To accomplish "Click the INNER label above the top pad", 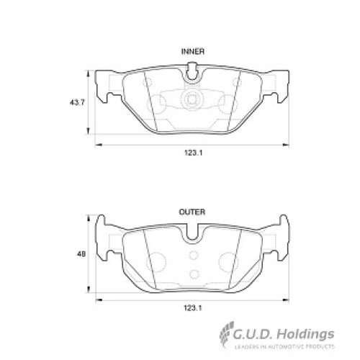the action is click(x=193, y=52).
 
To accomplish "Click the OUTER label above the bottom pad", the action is click(x=192, y=212).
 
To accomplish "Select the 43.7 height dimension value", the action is click(x=77, y=103).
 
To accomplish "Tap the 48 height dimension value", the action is click(x=81, y=254).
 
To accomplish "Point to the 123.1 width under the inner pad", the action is click(x=194, y=153).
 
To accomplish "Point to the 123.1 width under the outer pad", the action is click(x=193, y=308).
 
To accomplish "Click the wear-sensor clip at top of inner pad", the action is click(x=192, y=71).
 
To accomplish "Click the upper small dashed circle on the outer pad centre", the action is click(x=194, y=255).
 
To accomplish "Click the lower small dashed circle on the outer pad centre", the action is click(x=194, y=274).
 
